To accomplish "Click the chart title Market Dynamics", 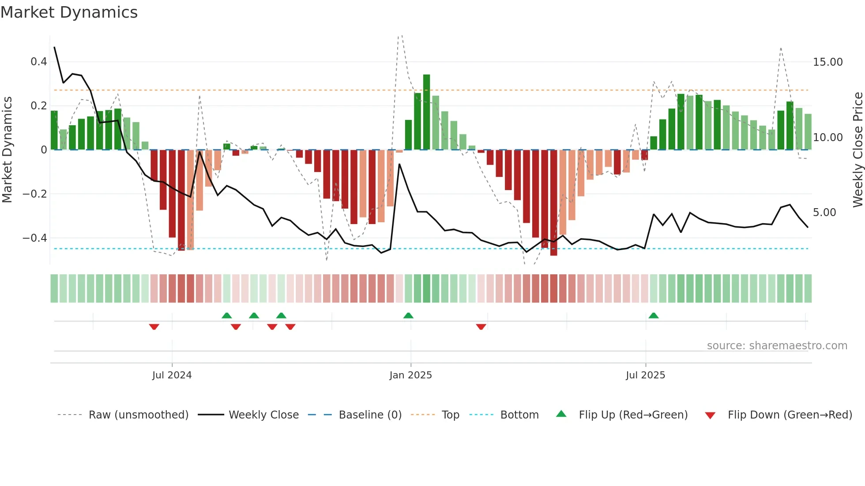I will tap(69, 12).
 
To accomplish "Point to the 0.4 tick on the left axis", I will tap(39, 62).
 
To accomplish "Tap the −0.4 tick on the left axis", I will tap(35, 238).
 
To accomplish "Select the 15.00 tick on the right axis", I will tap(827, 62).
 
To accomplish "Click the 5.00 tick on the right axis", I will tap(824, 213).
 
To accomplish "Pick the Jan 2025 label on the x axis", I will tap(410, 375).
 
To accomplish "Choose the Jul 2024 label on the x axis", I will tap(172, 375).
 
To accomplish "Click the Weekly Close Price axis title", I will tap(857, 150).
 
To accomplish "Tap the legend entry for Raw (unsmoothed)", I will tap(138, 415).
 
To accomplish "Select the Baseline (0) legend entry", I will tap(370, 415).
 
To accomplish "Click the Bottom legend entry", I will tap(519, 415).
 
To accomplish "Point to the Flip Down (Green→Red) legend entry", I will tap(790, 415).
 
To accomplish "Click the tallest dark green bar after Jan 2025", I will tap(426, 112).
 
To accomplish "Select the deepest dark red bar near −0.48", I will tap(553, 203).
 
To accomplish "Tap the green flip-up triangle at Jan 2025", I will tap(408, 316).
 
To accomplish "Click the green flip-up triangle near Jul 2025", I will tap(654, 316).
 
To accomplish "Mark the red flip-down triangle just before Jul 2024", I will tap(154, 327).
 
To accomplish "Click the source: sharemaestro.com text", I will tap(777, 346).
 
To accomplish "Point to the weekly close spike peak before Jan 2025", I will tap(399, 164).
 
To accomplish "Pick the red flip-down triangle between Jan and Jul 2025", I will tap(481, 327).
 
